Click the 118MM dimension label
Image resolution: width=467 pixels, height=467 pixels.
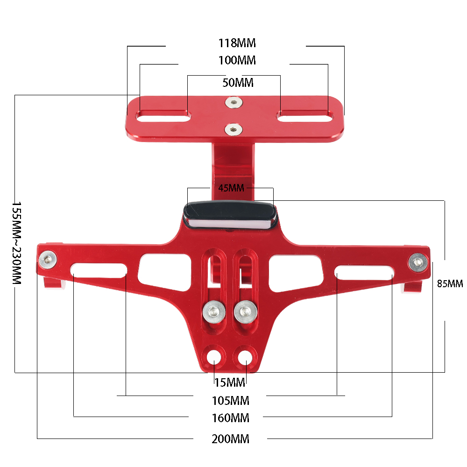coord(237,43)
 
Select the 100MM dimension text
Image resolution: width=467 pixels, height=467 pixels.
coord(237,61)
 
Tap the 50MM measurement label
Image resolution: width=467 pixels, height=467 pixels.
coord(238,83)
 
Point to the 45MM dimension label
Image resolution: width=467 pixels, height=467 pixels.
coord(231,188)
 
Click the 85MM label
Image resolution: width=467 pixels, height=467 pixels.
coord(450,283)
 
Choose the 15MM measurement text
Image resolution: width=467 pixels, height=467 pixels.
coord(230,382)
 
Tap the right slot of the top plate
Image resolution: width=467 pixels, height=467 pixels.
coord(305,115)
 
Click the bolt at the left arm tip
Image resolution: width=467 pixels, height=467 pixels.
coord(48,258)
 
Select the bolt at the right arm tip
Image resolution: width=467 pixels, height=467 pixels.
coord(417,262)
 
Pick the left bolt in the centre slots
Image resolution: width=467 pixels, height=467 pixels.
coord(213,311)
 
